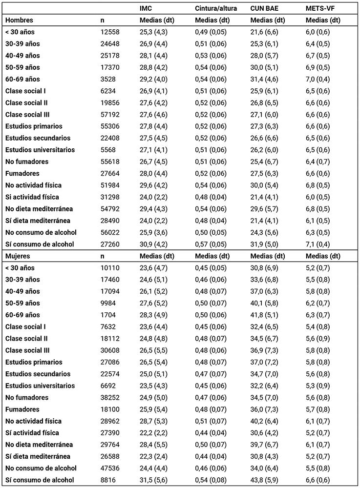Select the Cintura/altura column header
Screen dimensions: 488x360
(x=215, y=9)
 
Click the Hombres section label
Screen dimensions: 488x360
(x=19, y=20)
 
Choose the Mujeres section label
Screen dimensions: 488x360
(x=18, y=256)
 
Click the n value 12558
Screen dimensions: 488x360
(x=110, y=32)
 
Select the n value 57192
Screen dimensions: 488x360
(x=110, y=115)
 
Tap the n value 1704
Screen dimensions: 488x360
(x=108, y=315)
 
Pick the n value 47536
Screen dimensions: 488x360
(x=110, y=468)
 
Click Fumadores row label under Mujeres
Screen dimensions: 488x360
(x=22, y=409)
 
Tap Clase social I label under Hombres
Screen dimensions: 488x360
(x=27, y=91)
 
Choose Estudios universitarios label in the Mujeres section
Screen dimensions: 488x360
(x=40, y=386)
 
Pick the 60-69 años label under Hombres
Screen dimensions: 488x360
(x=22, y=79)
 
